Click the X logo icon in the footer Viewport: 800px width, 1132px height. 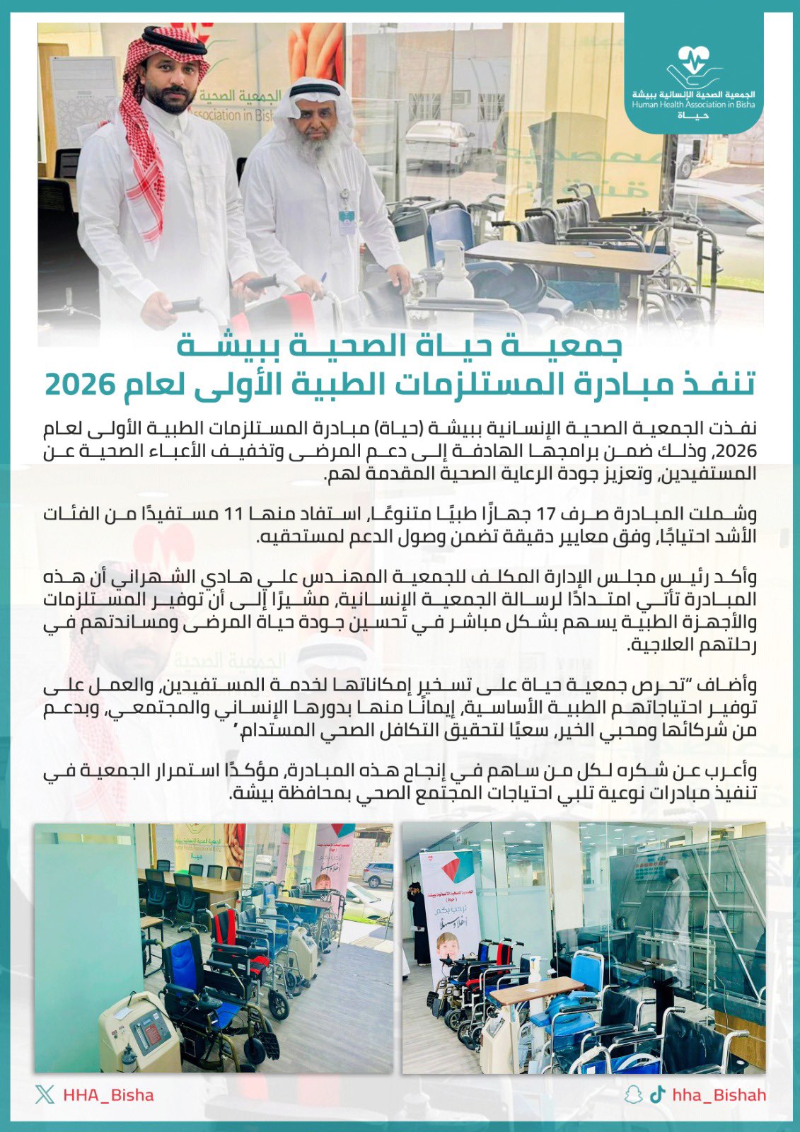[x=45, y=1095]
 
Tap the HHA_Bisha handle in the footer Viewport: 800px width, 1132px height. [x=108, y=1095]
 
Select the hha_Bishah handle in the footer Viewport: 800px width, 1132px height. [x=719, y=1095]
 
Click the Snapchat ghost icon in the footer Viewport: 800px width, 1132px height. [x=633, y=1095]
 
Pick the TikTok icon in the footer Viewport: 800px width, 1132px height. [x=658, y=1095]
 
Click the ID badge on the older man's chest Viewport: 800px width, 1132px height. [x=346, y=220]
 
